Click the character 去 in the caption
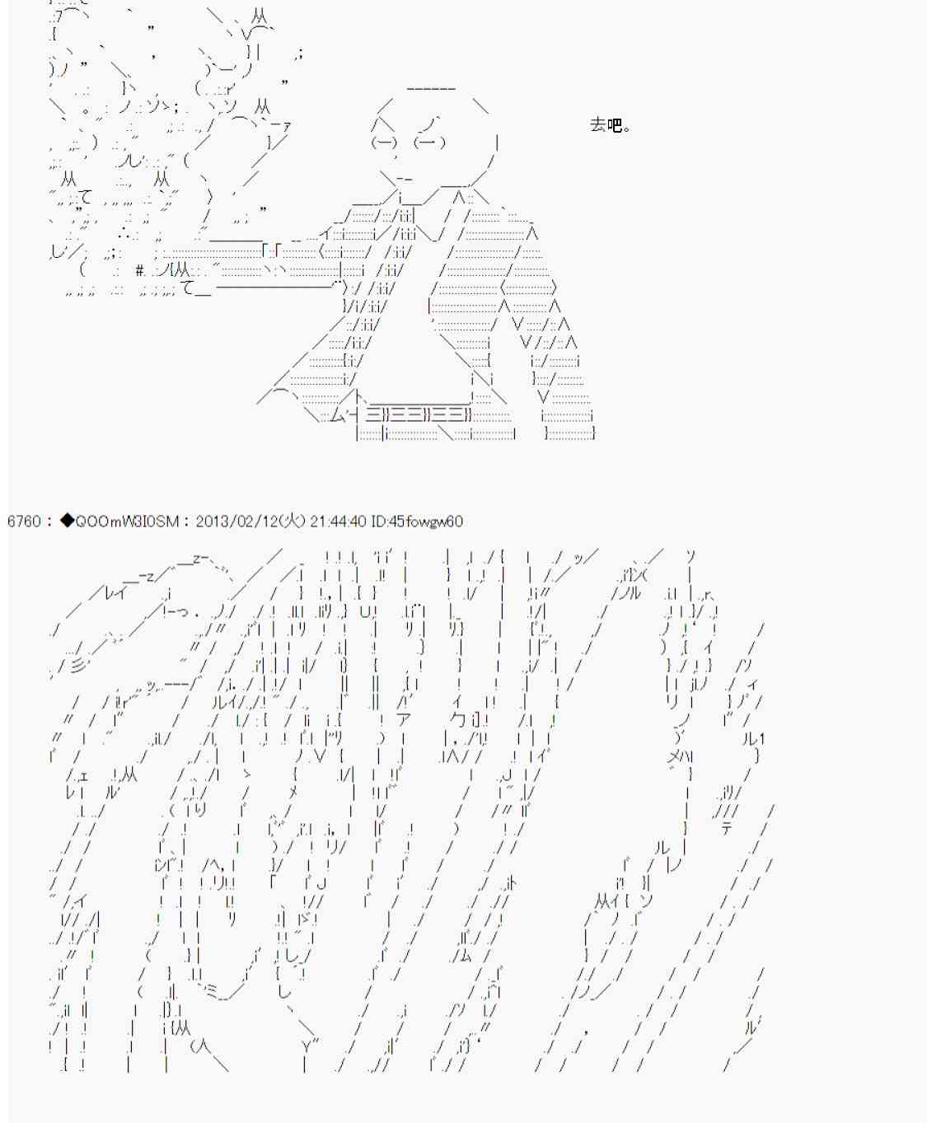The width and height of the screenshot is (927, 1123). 598,124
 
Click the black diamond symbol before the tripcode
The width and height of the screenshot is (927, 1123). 67,521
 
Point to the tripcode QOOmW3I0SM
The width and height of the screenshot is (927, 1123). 127,521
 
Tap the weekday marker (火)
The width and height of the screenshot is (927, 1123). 292,521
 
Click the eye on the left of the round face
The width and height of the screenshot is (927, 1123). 384,142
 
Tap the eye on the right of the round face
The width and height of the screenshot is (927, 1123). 429,142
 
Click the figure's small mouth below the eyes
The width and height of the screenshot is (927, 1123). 403,178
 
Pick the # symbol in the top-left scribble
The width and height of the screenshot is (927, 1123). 140,270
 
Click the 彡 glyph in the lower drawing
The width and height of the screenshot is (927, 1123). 78,664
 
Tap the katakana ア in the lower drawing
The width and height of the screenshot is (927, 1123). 403,719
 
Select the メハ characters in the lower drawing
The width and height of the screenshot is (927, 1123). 680,756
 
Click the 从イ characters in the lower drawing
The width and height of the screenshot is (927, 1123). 611,901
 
